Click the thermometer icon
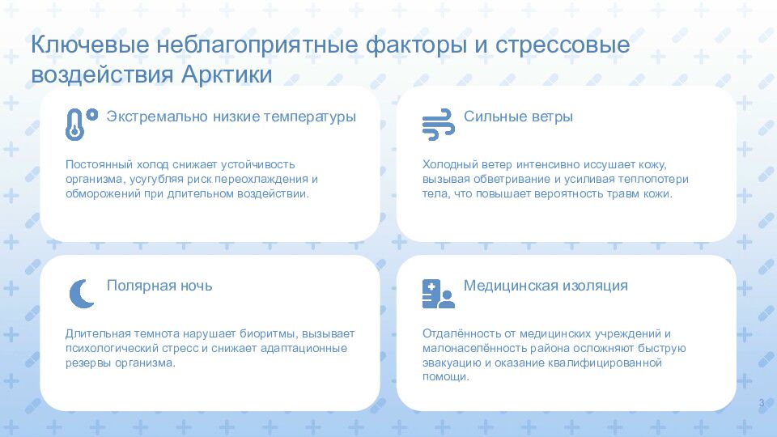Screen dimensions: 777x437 pos(74,125)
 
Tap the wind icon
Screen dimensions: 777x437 pos(438,125)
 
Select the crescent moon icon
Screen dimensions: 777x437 pos(82,293)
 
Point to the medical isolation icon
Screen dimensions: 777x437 pos(438,293)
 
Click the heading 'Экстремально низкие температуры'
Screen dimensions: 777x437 pos(231,117)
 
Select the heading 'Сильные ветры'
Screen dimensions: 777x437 pos(518,117)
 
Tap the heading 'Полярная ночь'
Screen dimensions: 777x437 pos(159,286)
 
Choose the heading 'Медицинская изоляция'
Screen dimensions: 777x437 pos(546,286)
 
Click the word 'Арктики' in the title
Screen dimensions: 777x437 pos(227,74)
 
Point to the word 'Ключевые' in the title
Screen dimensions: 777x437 pos(90,44)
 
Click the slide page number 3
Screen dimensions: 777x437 pos(762,403)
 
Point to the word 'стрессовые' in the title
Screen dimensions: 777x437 pos(563,45)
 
